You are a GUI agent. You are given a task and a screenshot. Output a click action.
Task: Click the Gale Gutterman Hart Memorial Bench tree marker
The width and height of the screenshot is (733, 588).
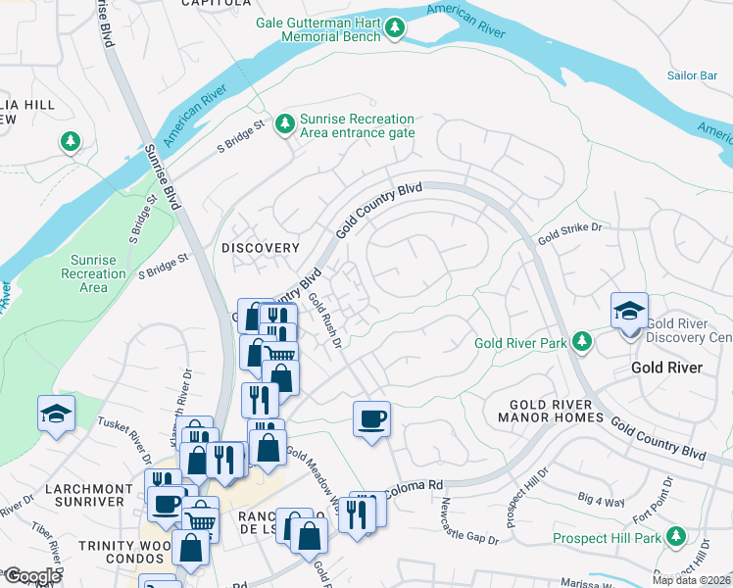pyautogui.click(x=394, y=28)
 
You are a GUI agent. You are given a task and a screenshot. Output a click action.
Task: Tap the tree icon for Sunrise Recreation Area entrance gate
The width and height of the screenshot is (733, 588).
pyautogui.click(x=284, y=123)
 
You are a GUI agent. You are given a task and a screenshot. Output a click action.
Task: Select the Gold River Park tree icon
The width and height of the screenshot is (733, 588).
pyautogui.click(x=582, y=341)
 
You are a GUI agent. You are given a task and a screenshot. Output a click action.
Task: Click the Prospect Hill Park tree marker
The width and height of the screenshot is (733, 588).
pyautogui.click(x=674, y=537)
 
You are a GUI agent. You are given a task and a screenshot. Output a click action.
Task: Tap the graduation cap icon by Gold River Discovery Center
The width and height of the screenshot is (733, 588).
pyautogui.click(x=629, y=313)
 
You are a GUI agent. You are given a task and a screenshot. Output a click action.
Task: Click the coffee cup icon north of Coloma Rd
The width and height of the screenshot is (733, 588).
pyautogui.click(x=372, y=420)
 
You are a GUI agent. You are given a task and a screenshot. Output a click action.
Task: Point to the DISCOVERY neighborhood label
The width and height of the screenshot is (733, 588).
pyautogui.click(x=259, y=248)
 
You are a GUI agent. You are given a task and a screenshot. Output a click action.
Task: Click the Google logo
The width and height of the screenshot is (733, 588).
pyautogui.click(x=31, y=576)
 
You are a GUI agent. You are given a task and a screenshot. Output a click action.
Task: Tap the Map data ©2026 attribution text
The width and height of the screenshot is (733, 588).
pyautogui.click(x=691, y=580)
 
